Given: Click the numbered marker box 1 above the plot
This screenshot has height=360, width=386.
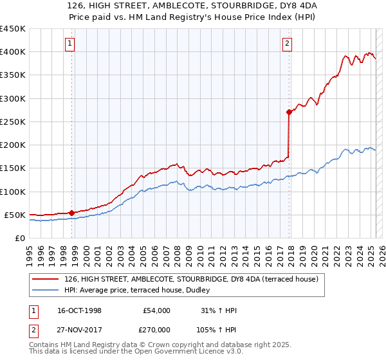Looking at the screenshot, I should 69,44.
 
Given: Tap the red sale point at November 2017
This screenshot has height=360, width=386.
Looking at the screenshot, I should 289,112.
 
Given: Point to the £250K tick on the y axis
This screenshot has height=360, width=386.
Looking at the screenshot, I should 13,122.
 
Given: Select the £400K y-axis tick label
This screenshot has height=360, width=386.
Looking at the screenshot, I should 13,52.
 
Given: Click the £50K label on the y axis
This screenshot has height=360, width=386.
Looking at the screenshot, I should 15,215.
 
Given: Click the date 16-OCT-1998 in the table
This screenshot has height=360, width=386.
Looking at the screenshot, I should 79,310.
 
